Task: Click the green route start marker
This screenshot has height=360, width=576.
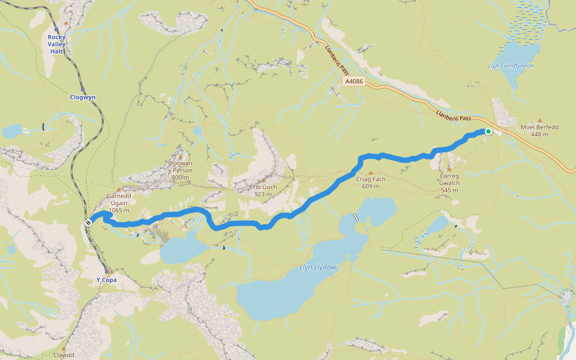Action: (488, 131)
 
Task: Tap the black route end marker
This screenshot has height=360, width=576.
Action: (88, 223)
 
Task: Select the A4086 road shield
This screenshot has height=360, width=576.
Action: (354, 80)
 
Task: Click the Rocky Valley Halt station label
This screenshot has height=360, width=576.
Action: (57, 44)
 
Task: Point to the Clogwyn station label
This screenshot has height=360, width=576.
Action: (82, 97)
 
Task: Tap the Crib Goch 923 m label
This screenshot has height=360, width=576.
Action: (263, 190)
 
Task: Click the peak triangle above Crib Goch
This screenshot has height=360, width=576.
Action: (263, 180)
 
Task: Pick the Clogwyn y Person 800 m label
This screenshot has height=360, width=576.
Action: (181, 170)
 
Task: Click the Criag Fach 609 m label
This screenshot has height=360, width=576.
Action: (371, 182)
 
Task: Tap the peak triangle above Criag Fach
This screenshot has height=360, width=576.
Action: (371, 173)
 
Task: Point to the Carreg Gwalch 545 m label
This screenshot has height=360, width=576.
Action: (449, 182)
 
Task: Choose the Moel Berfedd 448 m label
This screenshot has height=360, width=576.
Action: (539, 130)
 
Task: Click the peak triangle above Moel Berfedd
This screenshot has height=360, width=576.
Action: (539, 121)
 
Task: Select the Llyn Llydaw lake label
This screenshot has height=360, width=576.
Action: (318, 266)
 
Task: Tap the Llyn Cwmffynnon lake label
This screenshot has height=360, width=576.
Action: (511, 66)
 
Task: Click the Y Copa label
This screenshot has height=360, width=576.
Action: (106, 280)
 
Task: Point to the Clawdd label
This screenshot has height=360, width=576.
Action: (64, 355)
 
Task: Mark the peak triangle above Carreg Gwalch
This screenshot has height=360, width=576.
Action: (449, 169)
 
